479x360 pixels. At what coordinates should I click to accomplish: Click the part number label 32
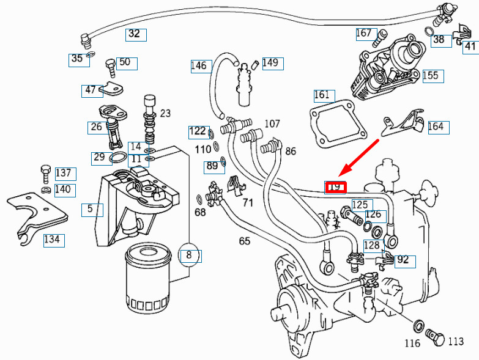click(135, 34)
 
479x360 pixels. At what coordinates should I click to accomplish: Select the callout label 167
click(364, 33)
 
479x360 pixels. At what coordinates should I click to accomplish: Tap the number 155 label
click(431, 75)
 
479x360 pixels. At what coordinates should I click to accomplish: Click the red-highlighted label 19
click(335, 187)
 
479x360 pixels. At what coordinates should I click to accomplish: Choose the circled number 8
click(189, 254)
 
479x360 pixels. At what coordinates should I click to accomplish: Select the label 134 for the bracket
click(52, 239)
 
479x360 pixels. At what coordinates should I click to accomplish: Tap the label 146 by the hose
click(199, 65)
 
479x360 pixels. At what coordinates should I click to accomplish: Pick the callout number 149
click(270, 62)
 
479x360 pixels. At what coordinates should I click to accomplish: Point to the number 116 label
click(412, 343)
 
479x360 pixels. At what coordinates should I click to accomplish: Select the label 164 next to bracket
click(436, 127)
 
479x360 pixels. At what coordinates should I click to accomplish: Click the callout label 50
click(125, 62)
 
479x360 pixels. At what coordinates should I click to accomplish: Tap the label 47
click(91, 90)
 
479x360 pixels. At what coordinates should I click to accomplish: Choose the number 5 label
click(91, 209)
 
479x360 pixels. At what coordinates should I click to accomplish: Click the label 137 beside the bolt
click(64, 173)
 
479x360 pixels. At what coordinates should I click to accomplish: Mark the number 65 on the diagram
click(245, 241)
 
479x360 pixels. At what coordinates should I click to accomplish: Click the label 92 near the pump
click(403, 260)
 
